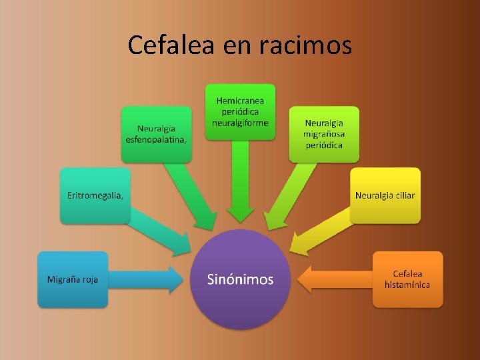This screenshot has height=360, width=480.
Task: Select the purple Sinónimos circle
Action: click(x=240, y=279)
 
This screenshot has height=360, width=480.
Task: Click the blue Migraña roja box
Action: click(x=73, y=279)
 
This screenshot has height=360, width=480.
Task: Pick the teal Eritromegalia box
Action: click(x=95, y=195)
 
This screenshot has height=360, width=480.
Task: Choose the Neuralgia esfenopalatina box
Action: click(x=156, y=134)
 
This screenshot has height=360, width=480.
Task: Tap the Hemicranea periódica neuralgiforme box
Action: click(x=240, y=111)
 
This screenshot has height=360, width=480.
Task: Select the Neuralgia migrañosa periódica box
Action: click(x=324, y=134)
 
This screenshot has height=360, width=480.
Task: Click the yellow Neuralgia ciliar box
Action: click(x=385, y=195)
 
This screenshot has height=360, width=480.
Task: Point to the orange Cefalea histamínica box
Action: click(x=407, y=279)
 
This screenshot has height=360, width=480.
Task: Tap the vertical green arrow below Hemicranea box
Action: click(x=240, y=180)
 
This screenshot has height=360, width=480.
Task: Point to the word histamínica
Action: click(x=407, y=285)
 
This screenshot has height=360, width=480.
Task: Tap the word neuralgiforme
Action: click(x=240, y=123)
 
